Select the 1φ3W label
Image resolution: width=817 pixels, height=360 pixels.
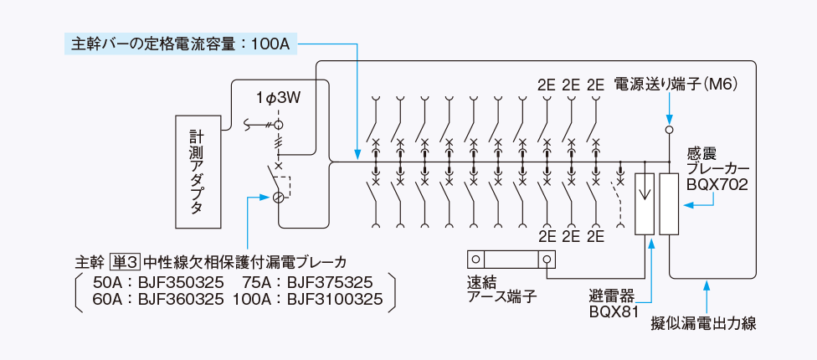tap(278, 99)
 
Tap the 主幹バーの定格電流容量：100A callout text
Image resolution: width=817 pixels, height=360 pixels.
tap(178, 42)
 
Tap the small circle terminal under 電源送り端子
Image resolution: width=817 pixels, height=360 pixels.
tap(670, 130)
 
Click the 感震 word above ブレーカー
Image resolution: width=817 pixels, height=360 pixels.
tap(701, 153)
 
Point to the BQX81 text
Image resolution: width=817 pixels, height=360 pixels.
tap(614, 312)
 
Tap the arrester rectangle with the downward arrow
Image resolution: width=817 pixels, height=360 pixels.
tap(645, 203)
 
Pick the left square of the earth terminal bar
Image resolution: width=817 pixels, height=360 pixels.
tap(475, 260)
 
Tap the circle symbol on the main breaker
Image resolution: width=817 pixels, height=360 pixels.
tap(279, 198)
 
